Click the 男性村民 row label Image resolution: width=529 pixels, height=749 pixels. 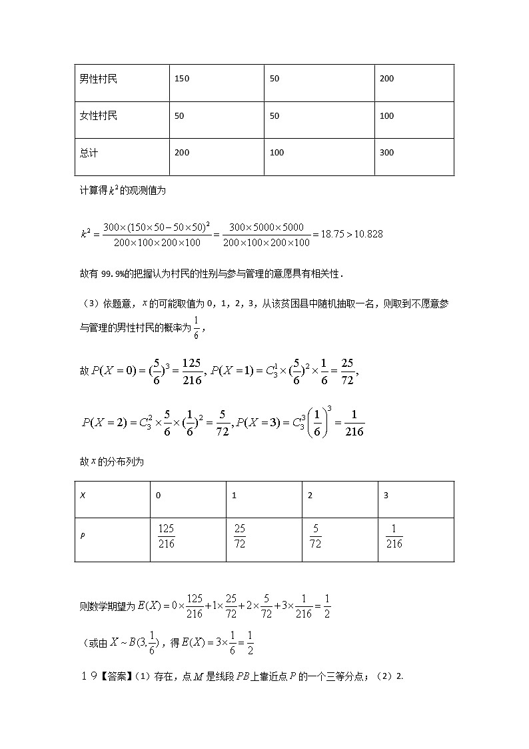(98, 79)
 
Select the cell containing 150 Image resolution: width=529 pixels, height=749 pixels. (182, 79)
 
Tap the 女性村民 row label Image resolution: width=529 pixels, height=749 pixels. (98, 116)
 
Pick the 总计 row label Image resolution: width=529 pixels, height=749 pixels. (89, 153)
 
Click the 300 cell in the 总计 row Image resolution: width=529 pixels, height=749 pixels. (386, 153)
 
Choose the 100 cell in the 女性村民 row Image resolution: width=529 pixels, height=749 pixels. (386, 116)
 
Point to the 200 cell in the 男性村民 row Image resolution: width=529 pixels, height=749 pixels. (386, 79)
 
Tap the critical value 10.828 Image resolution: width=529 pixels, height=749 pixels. (366, 234)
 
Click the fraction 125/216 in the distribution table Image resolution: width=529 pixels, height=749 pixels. (166, 536)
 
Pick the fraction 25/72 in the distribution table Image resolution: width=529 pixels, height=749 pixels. (240, 536)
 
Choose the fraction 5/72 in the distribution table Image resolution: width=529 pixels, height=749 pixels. (315, 536)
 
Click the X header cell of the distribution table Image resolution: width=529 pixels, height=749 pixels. (83, 496)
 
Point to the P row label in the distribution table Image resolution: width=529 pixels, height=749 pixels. (83, 536)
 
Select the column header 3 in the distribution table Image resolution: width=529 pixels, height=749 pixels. (386, 496)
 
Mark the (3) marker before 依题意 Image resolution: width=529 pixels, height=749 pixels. (88, 303)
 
